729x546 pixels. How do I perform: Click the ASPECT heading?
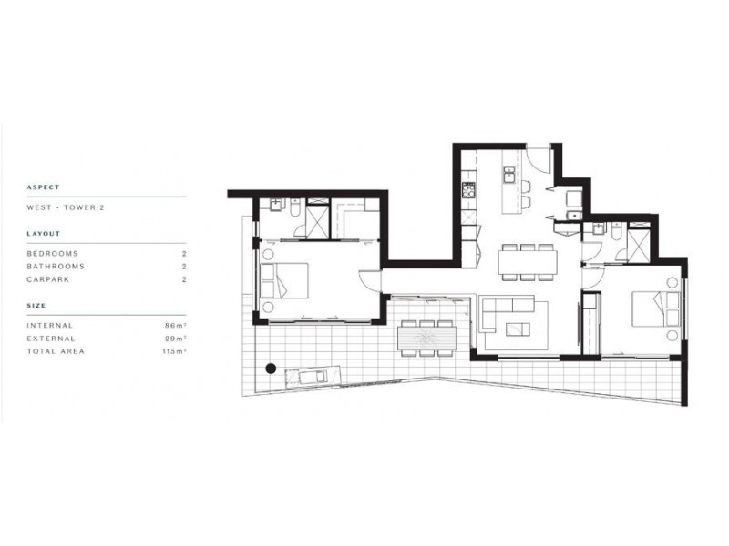[44, 187]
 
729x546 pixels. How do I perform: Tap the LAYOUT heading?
[44, 234]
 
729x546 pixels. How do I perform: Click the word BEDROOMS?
[53, 253]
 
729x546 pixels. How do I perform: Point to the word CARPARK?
[49, 279]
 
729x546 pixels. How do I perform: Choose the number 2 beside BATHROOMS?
[184, 267]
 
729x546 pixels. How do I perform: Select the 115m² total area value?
[174, 350]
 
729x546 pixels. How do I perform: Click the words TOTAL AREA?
[56, 350]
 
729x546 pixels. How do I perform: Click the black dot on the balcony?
[271, 369]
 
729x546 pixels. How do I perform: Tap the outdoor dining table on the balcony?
[426, 339]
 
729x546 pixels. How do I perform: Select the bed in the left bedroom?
[284, 280]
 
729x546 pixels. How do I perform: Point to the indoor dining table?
[527, 262]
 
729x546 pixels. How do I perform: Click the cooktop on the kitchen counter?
[469, 190]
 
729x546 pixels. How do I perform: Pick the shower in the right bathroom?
[638, 247]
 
